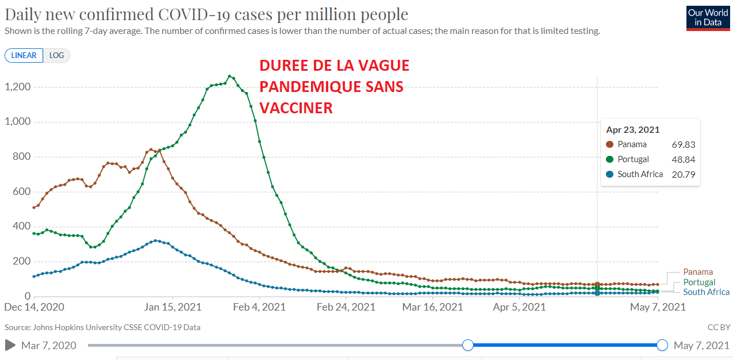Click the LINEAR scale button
[24, 56]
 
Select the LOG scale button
[57, 56]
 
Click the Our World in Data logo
[707, 18]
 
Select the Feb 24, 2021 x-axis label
[346, 307]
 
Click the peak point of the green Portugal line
[229, 76]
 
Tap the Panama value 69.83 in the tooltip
[683, 145]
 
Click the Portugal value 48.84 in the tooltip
[683, 159]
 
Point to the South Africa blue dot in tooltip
[610, 174]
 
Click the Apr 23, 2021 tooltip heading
[633, 130]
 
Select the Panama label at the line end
[697, 272]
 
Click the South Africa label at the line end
[706, 292]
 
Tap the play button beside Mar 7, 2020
[10, 345]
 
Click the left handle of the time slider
[468, 345]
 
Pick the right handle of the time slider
[662, 345]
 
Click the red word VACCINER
[296, 108]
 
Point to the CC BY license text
[719, 327]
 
